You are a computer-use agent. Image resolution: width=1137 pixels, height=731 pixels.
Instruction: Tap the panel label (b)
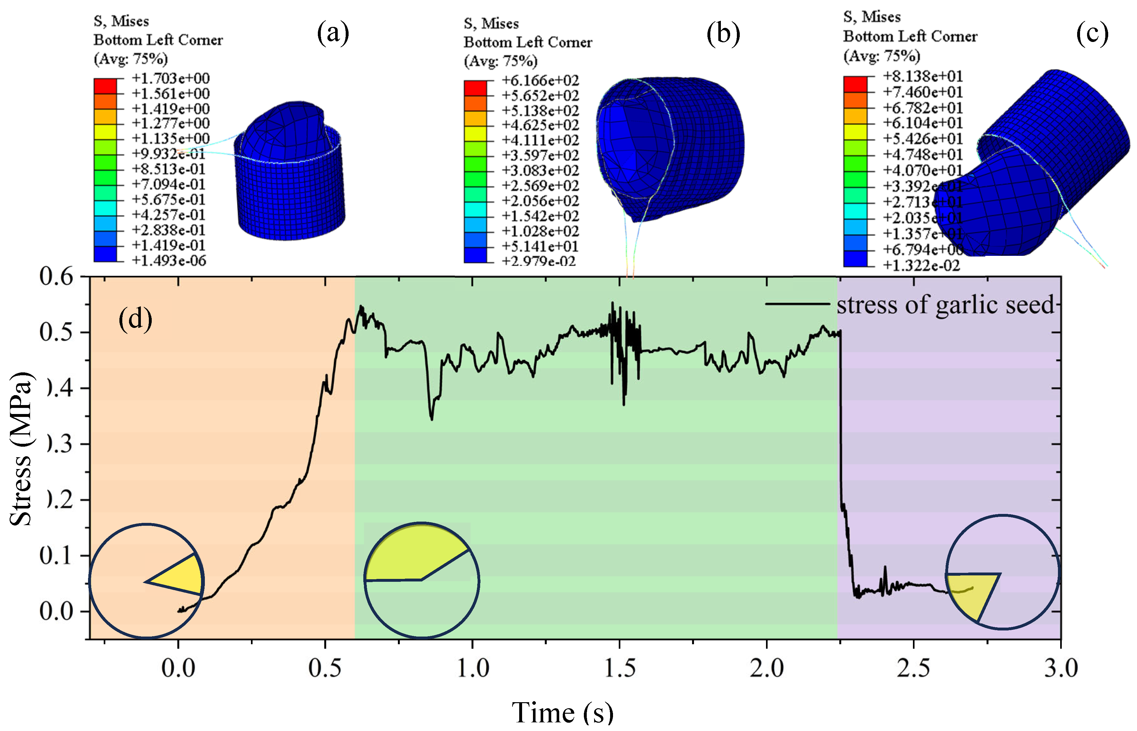(x=723, y=34)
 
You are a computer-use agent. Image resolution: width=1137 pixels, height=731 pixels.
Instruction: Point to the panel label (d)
(x=135, y=319)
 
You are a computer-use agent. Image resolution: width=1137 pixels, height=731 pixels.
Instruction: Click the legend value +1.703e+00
(x=170, y=78)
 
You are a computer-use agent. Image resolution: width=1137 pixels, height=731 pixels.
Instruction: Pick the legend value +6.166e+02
(x=541, y=80)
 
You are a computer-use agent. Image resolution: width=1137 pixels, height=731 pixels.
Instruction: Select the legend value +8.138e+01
(x=923, y=76)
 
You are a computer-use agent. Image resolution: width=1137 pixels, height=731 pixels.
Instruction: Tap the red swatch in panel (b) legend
(x=475, y=88)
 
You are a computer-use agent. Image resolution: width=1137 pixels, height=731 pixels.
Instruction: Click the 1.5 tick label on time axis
(x=619, y=668)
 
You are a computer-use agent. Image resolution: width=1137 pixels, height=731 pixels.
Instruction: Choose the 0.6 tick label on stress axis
(x=56, y=276)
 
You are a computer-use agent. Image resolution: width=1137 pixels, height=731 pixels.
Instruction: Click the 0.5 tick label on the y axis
(x=56, y=332)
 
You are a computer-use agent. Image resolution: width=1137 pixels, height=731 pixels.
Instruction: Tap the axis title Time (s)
(x=562, y=712)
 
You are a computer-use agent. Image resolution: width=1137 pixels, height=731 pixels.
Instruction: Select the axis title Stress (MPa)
(x=21, y=449)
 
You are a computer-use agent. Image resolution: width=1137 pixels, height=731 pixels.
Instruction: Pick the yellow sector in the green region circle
(x=413, y=553)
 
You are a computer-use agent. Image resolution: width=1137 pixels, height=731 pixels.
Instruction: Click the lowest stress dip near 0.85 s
(x=431, y=419)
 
